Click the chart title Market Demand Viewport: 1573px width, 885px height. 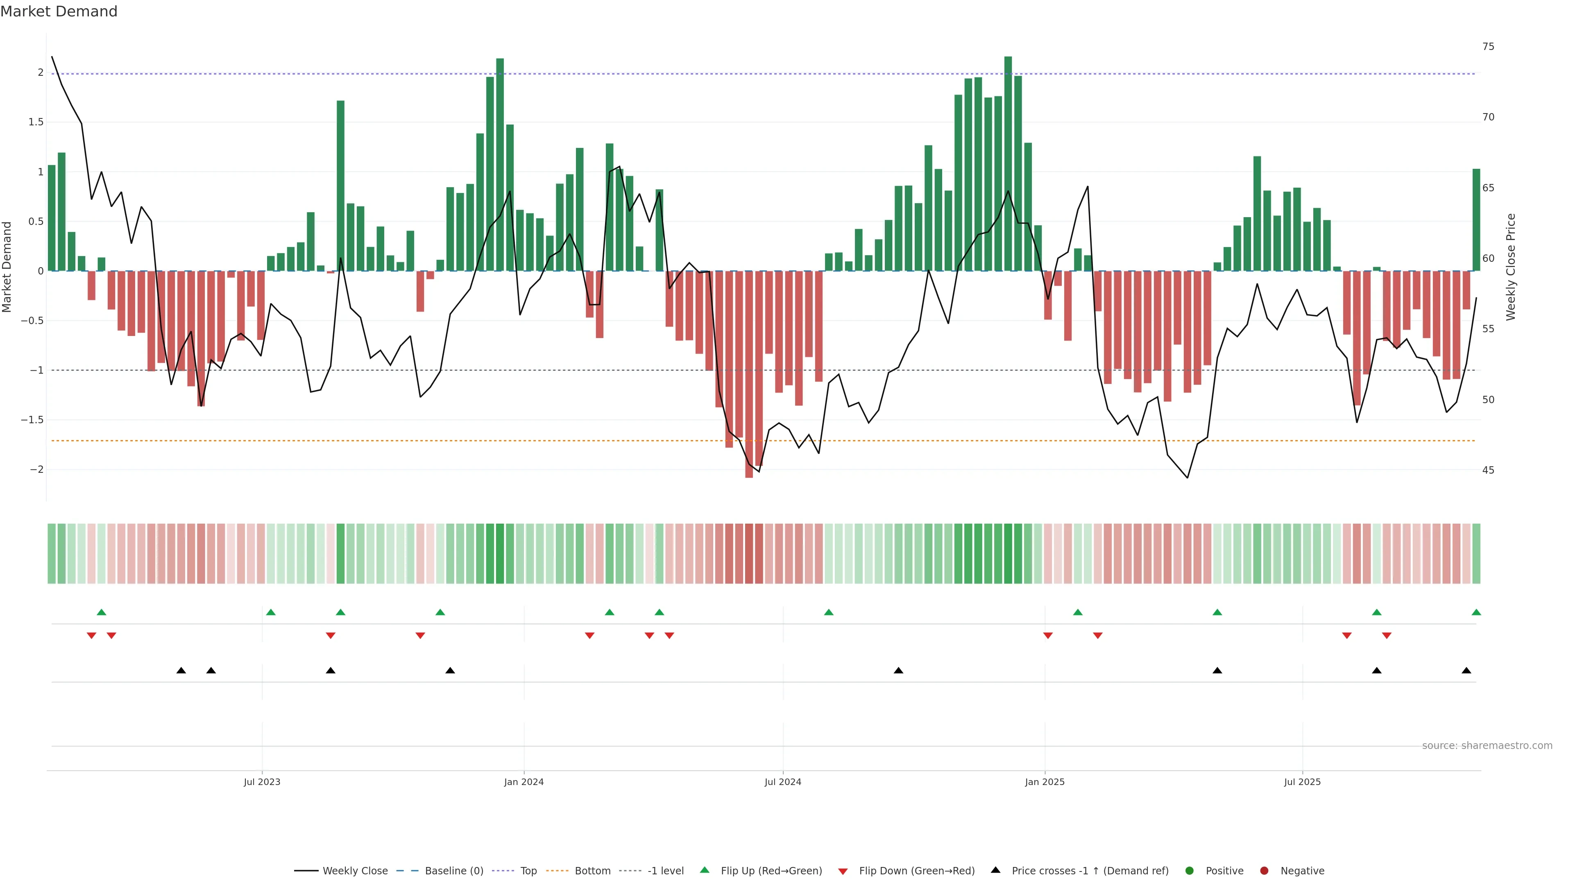pos(59,11)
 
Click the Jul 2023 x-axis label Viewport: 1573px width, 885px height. pos(262,782)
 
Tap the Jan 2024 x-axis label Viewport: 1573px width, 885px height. pos(524,782)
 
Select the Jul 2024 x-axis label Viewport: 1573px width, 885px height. pos(783,782)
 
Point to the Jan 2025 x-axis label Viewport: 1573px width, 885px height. pos(1044,782)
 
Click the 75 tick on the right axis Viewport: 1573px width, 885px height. pos(1488,46)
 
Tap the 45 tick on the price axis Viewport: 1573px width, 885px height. pos(1488,470)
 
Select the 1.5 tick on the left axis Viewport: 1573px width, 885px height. pos(36,122)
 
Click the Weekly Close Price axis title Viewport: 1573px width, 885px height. pos(1511,267)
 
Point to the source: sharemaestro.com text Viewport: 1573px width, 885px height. pos(1487,746)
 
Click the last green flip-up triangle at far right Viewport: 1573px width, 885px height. pos(1476,612)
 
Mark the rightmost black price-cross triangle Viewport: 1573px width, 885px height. pos(1466,671)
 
